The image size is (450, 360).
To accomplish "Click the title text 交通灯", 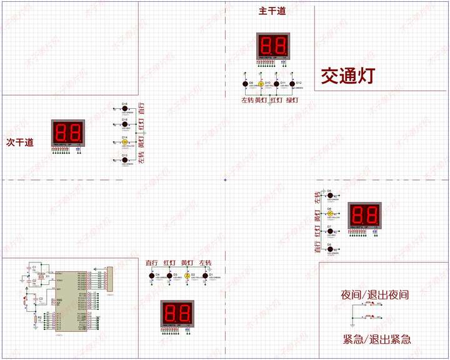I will click(x=347, y=76).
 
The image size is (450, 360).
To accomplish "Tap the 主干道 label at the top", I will click(x=273, y=11).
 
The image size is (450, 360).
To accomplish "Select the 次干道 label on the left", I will click(x=20, y=142).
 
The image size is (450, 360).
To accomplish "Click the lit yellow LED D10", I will click(x=261, y=84).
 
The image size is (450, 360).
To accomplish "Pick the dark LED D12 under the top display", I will click(x=291, y=84).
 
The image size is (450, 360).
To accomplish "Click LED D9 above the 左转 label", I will click(x=245, y=84).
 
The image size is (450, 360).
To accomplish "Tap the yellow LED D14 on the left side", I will click(x=125, y=142).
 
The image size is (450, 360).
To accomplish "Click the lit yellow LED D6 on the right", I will click(x=329, y=214).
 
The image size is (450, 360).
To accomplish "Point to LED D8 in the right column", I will click(x=329, y=249).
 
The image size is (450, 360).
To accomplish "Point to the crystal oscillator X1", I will click(x=41, y=276).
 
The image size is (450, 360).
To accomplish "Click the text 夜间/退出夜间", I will click(x=375, y=294).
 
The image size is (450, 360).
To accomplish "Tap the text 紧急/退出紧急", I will click(x=377, y=339).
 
